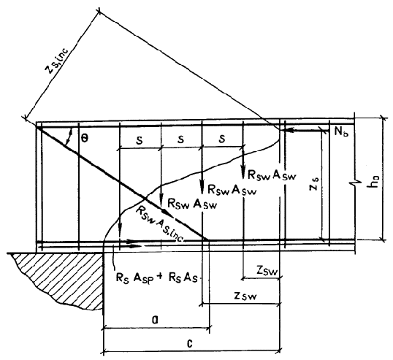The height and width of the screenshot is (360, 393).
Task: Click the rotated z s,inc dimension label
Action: click(x=57, y=60)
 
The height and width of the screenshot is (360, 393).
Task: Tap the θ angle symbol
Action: click(x=85, y=138)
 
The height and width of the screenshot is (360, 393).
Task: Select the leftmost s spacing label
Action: click(x=140, y=141)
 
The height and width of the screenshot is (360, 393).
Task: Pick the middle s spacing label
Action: click(x=180, y=139)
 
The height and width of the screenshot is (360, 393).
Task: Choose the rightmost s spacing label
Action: click(x=222, y=139)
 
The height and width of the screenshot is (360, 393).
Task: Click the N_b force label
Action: click(x=341, y=131)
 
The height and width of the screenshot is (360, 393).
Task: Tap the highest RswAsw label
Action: click(x=272, y=175)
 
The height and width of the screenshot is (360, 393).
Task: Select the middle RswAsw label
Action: click(x=232, y=190)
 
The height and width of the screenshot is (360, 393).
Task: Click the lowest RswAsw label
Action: click(x=192, y=204)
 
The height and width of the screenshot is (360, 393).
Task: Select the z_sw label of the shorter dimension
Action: click(x=267, y=270)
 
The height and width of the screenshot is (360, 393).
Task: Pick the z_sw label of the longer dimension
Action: click(x=245, y=296)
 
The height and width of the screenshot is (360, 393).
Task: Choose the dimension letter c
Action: click(x=190, y=343)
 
